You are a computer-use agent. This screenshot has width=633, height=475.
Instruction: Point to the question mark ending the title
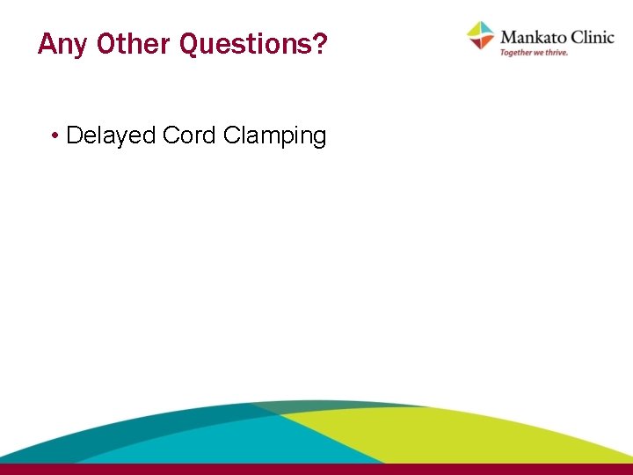319,43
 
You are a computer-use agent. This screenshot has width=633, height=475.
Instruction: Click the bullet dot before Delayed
55,136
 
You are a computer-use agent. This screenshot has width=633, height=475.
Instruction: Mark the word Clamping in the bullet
274,136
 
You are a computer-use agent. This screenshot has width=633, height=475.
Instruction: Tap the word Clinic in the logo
592,37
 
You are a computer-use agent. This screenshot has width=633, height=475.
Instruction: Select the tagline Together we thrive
534,53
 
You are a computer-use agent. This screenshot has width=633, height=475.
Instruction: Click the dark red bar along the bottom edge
316,469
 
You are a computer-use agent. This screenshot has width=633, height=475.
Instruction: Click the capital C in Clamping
231,135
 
